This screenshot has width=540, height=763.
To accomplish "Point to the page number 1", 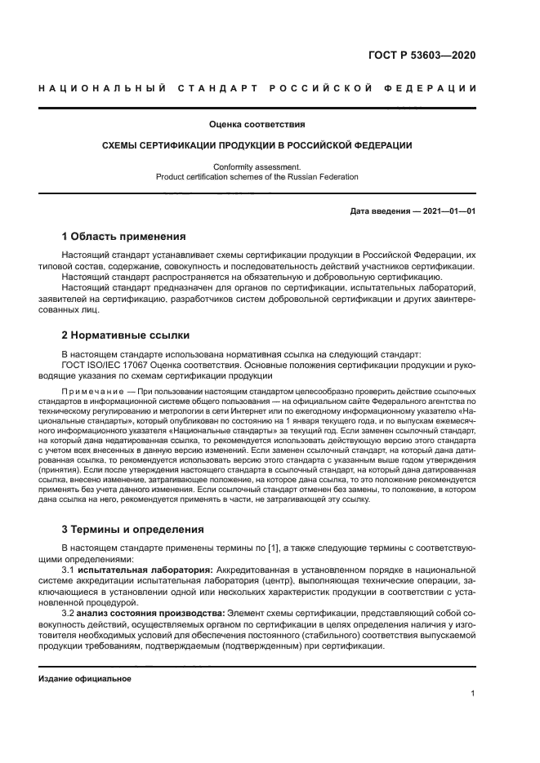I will tap(473, 694).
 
